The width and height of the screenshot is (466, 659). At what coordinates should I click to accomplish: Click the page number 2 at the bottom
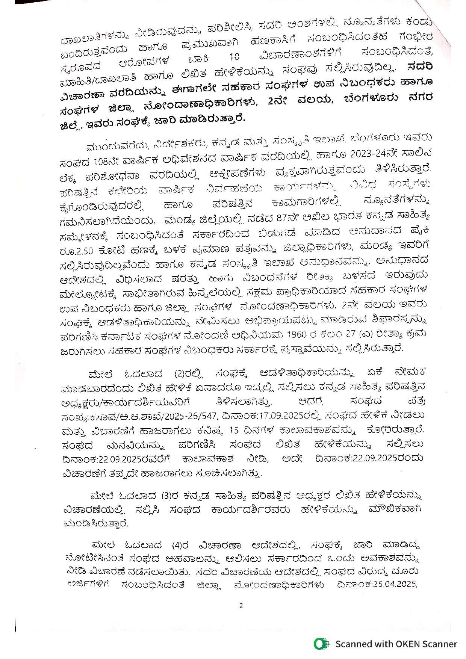click(241, 605)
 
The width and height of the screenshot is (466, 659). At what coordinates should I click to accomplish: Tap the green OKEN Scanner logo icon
click(321, 644)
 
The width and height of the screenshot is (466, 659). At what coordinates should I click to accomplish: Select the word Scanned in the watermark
click(353, 644)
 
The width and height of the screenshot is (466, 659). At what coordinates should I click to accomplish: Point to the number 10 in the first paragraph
click(234, 57)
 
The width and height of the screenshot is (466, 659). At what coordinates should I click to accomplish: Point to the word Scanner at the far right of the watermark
click(440, 644)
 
